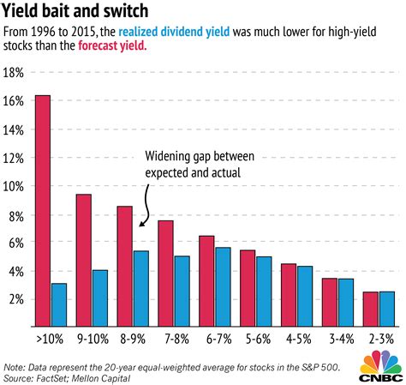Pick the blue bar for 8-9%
tap(141, 288)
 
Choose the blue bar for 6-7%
tap(223, 286)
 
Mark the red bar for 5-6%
tap(248, 288)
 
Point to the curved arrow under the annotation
tap(148, 208)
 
